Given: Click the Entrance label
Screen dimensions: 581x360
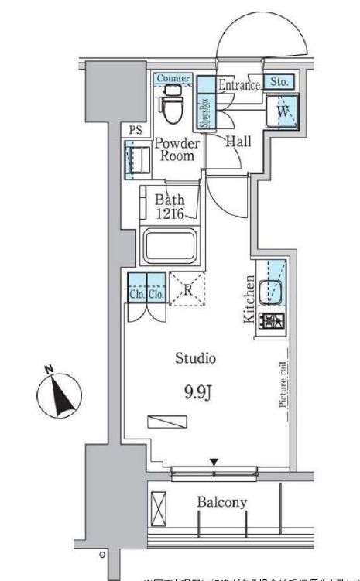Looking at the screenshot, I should (x=238, y=85).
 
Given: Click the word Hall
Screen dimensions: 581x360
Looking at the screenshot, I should (x=236, y=142).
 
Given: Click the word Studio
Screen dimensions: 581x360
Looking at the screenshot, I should (x=194, y=358).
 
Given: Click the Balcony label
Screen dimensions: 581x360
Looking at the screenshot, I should (x=221, y=502).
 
